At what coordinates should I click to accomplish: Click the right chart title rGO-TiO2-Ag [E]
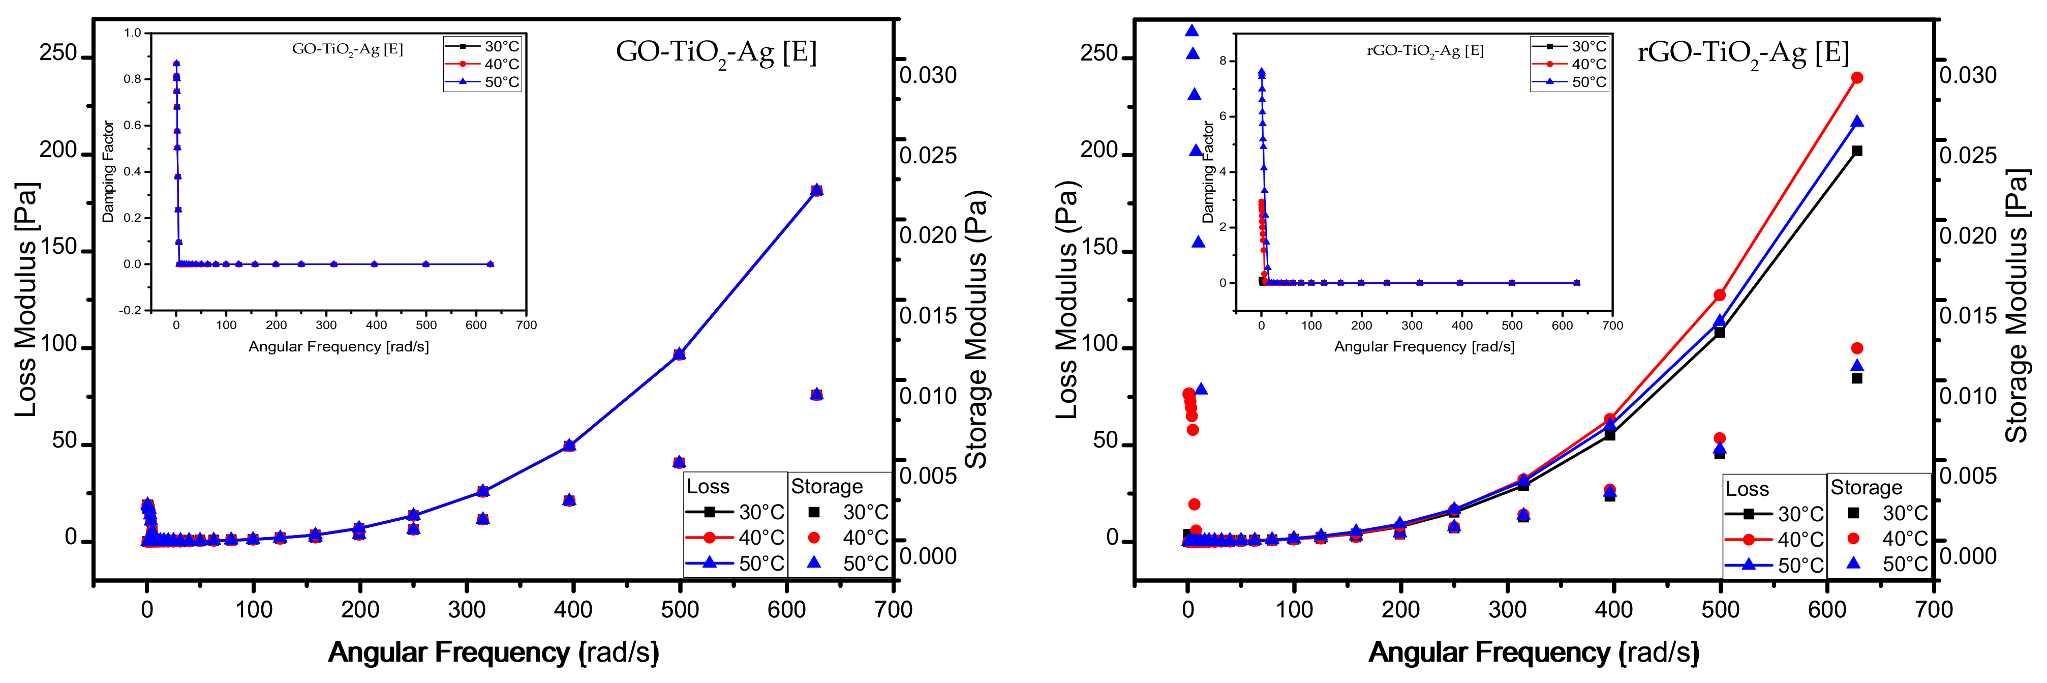tap(1743, 53)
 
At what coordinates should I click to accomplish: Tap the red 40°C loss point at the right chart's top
tap(1857, 78)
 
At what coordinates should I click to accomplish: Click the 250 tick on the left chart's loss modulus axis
tap(58, 53)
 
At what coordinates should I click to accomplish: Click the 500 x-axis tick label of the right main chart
tap(1720, 610)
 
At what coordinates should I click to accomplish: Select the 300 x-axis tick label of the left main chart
tap(467, 610)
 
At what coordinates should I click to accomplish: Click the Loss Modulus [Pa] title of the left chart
tap(26, 300)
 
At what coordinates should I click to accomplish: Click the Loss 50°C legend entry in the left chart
tap(735, 563)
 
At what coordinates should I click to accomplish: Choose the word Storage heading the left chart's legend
tap(827, 487)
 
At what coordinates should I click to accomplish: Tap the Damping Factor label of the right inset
tap(1208, 172)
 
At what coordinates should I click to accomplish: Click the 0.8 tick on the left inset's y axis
tap(132, 79)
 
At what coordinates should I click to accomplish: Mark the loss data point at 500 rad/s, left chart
tap(679, 354)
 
